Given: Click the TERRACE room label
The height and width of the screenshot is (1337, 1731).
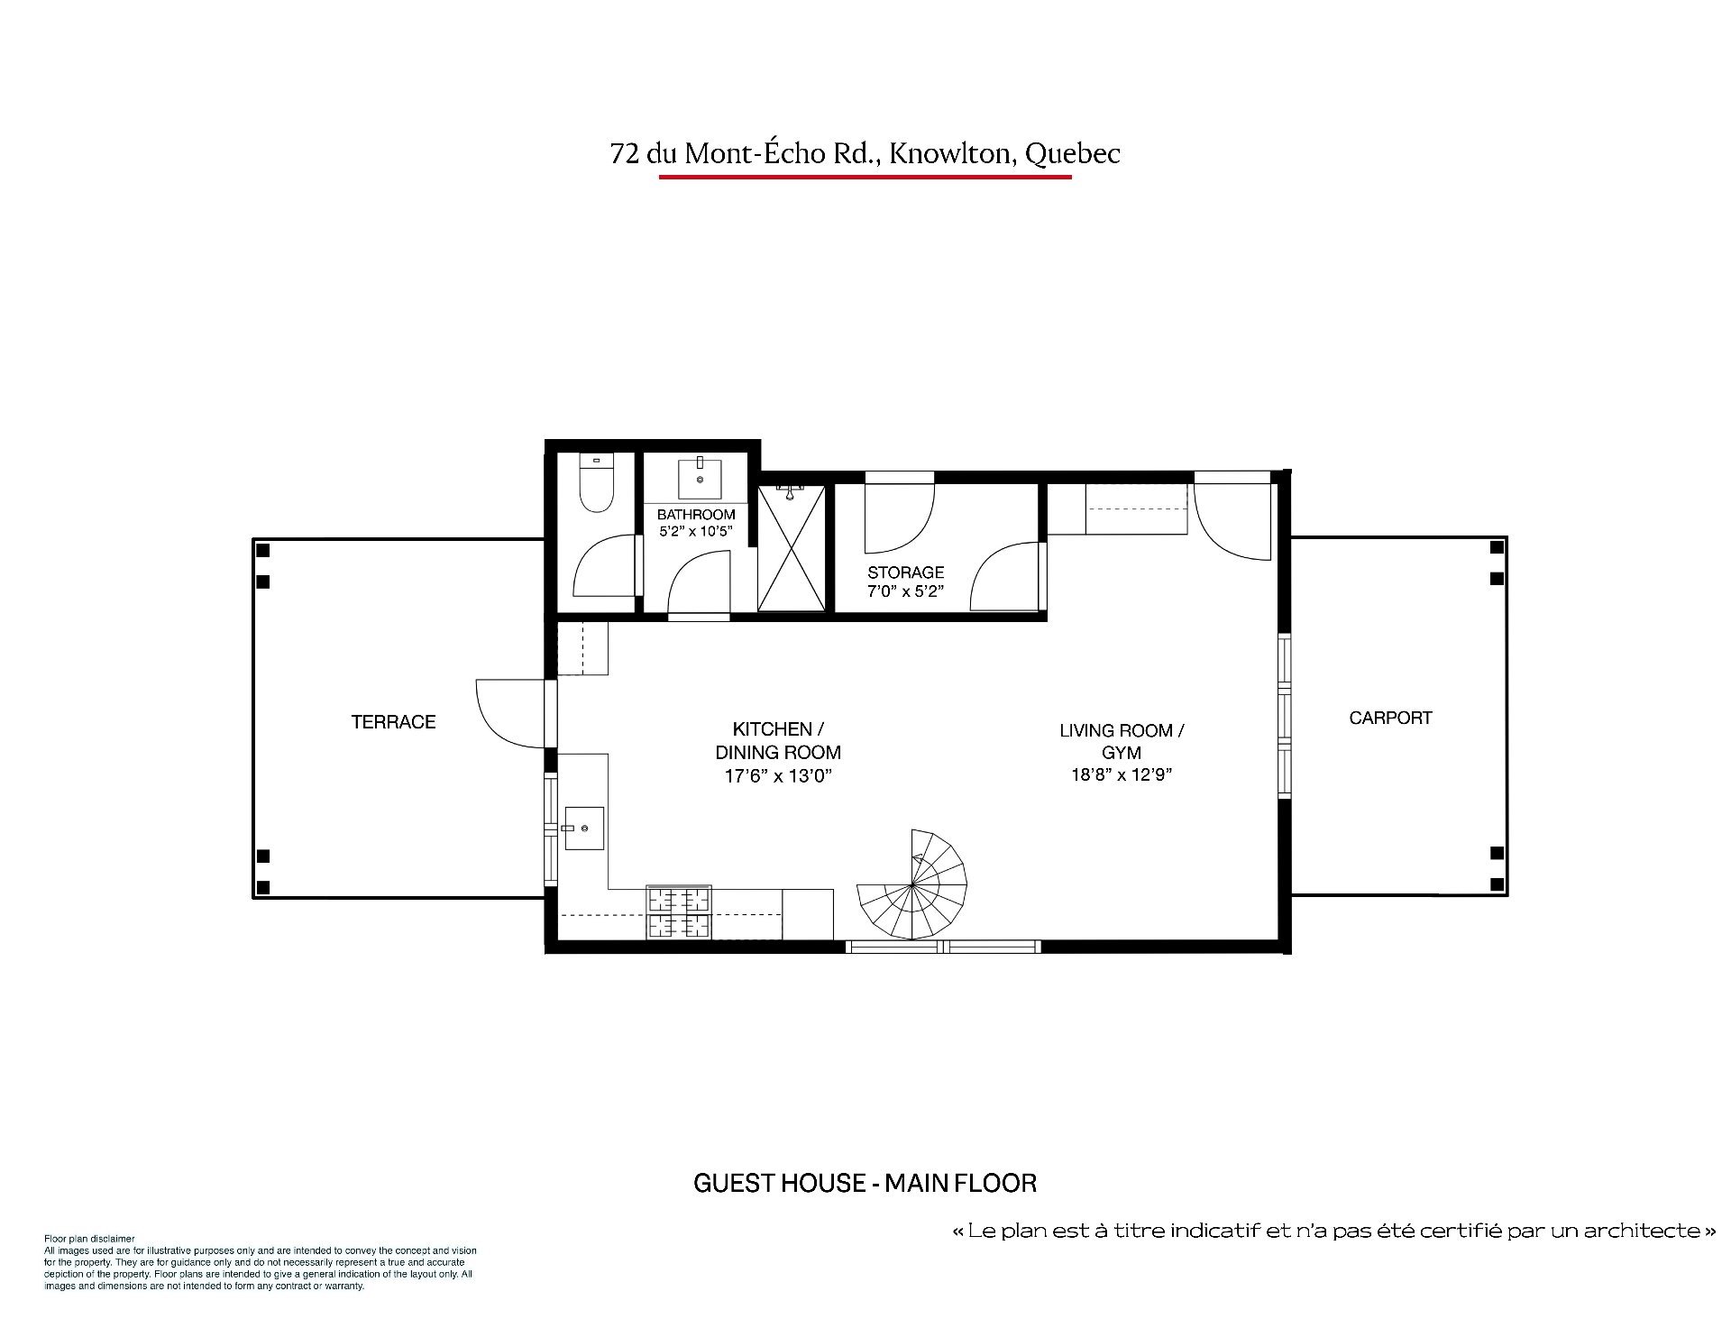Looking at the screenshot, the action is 393,722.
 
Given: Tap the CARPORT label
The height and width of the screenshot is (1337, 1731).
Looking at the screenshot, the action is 1390,719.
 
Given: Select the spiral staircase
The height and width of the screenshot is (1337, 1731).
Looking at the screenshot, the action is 911,884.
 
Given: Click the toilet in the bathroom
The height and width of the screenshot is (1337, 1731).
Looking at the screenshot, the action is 595,483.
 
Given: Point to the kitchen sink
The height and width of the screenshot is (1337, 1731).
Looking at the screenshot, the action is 582,828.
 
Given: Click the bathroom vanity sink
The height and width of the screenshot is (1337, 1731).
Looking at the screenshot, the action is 699,478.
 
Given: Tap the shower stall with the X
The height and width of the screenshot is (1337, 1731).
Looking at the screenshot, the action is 791,547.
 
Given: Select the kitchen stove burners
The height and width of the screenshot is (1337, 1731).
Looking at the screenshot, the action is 679,912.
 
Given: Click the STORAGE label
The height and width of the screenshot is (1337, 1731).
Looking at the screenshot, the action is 905,572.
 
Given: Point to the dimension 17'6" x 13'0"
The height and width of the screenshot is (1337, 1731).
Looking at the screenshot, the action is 777,775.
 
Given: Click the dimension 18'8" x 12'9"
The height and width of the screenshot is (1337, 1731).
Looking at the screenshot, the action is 1122,774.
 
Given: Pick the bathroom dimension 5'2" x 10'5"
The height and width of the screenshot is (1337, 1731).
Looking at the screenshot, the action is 696,532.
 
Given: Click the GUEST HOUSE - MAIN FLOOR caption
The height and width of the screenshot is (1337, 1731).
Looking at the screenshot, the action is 865,1183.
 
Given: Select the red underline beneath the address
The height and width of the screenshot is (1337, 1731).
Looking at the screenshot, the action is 865,178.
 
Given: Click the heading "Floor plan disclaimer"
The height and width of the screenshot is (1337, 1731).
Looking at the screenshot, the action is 89,1239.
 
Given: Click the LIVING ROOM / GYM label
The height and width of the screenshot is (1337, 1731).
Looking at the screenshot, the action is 1122,741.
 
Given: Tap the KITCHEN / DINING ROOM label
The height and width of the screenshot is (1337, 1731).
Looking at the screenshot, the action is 778,741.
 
